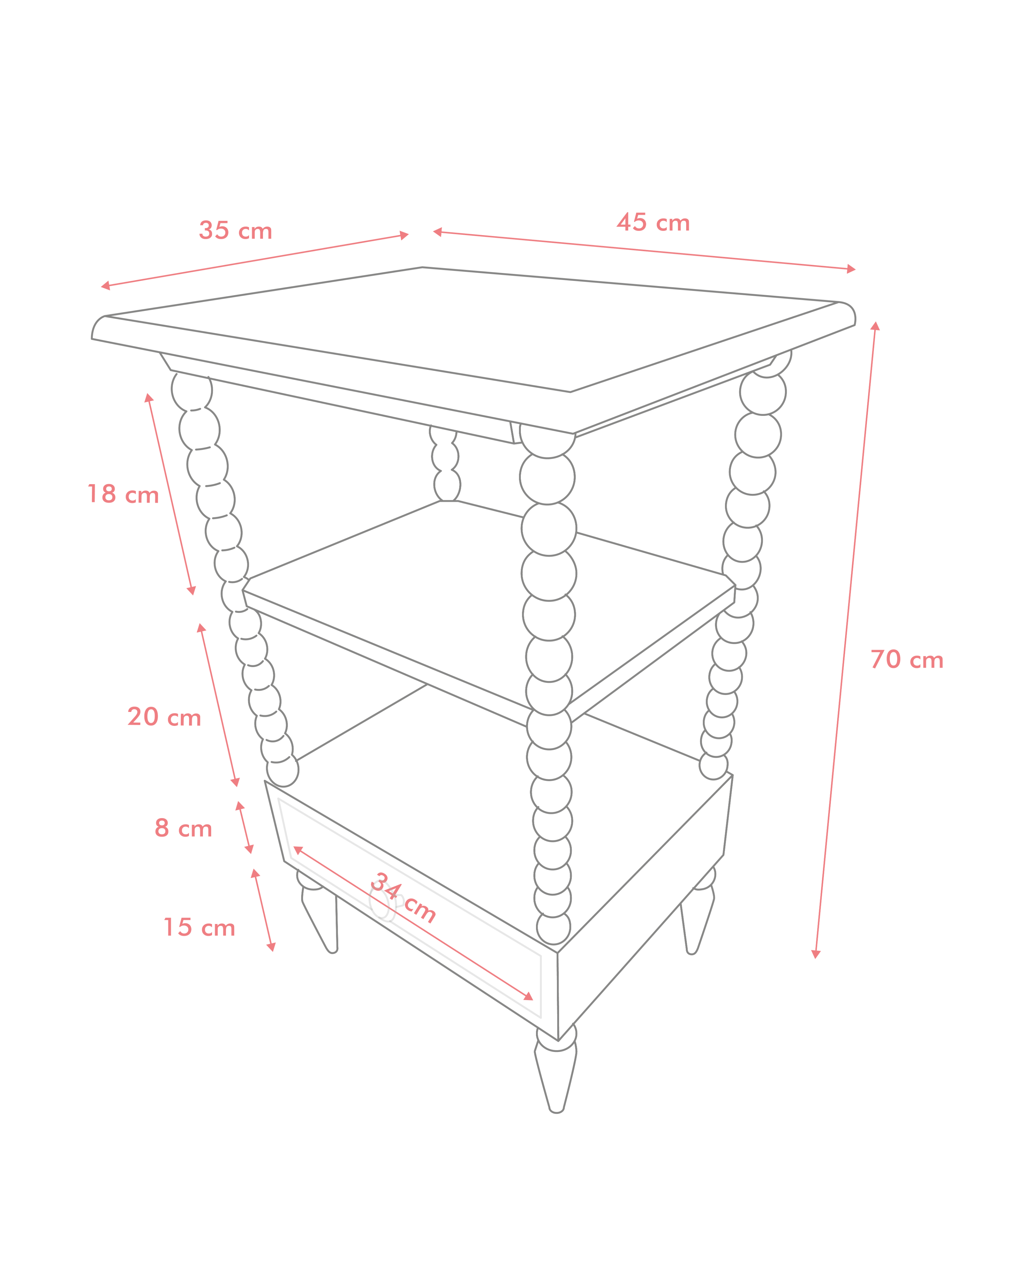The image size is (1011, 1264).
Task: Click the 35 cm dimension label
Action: [236, 230]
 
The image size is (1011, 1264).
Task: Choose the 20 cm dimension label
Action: [164, 716]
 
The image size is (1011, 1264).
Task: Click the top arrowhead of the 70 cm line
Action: [875, 326]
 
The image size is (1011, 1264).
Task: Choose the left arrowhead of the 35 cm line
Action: [106, 286]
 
